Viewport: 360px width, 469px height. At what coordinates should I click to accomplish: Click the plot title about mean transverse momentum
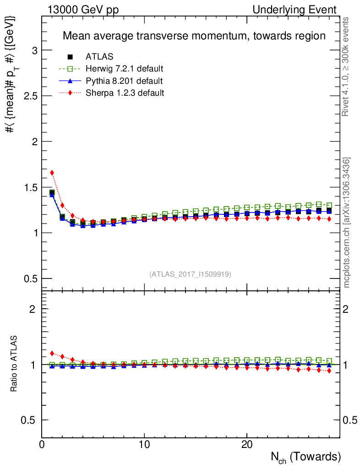tap(194, 36)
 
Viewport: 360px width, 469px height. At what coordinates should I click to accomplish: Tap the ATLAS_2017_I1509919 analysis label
tap(190, 274)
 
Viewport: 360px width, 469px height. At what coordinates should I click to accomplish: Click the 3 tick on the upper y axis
tap(34, 50)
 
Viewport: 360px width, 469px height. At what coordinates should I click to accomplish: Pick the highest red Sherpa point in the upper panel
tap(52, 173)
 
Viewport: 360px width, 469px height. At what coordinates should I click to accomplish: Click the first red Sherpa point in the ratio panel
tap(52, 353)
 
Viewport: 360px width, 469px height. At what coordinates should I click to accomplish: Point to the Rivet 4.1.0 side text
tap(347, 66)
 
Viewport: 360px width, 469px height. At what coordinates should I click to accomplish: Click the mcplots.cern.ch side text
tap(347, 223)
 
